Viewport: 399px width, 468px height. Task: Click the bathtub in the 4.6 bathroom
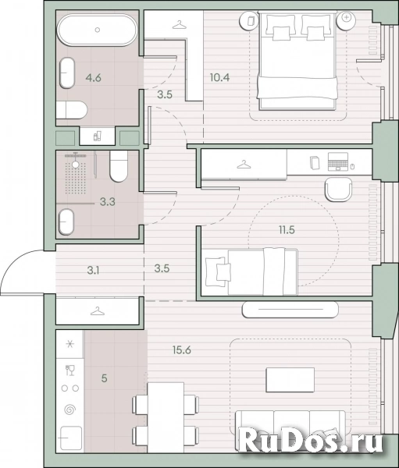point(97,30)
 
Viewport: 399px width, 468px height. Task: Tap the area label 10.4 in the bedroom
point(219,77)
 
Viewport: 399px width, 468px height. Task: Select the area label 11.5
point(287,230)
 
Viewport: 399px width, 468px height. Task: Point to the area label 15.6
point(182,349)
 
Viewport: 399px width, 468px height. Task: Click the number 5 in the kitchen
point(104,378)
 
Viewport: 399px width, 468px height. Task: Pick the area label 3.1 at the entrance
point(93,271)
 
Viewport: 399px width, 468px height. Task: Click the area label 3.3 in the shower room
point(108,202)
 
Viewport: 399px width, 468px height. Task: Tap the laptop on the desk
point(338,161)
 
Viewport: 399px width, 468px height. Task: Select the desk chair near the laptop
point(338,190)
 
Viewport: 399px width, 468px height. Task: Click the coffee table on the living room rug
point(290,380)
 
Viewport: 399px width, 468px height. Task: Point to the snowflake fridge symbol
point(69,344)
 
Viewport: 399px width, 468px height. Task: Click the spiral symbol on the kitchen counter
point(69,409)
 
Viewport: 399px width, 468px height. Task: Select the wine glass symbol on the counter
point(70,370)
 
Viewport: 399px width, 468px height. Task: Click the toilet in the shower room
point(119,166)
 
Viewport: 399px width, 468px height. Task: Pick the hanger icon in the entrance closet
point(98,311)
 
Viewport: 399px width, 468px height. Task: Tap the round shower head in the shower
point(76,164)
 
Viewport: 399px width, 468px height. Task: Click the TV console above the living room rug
point(290,310)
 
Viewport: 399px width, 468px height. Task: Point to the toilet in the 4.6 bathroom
point(71,110)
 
